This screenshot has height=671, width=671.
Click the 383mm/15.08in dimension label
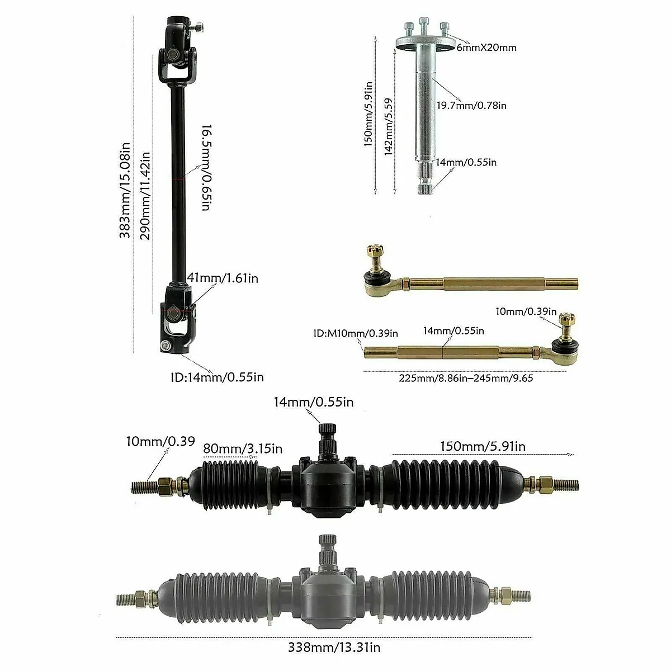coord(125,190)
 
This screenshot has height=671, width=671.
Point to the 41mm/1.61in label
coord(223,278)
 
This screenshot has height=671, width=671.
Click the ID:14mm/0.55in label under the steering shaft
coord(217,377)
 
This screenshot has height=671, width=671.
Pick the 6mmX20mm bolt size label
coord(486,48)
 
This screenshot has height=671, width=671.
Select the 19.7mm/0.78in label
coord(471,105)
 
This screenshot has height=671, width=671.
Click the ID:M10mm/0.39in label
coord(356,334)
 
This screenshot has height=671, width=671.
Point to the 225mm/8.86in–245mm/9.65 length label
coord(466,379)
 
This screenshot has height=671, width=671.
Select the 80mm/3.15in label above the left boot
coord(242,449)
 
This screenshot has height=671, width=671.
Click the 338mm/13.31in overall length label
coord(334,648)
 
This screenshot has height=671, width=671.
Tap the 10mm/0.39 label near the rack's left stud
coord(160,442)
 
